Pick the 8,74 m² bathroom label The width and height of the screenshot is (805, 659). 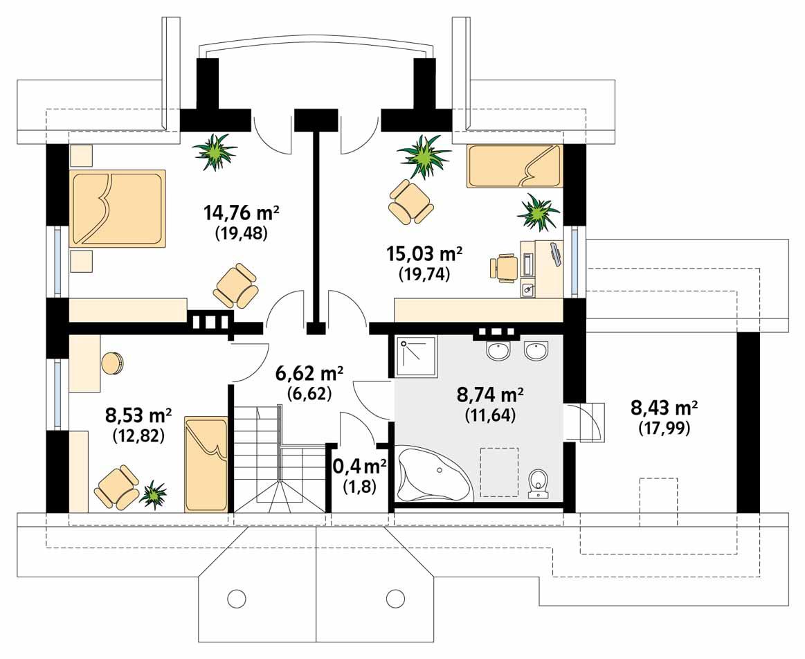[x=489, y=395]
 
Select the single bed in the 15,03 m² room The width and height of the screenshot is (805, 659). [x=515, y=166]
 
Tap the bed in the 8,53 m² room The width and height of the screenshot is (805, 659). [x=206, y=464]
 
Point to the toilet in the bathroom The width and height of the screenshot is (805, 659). [x=538, y=483]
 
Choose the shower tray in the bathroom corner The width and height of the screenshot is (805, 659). [x=417, y=356]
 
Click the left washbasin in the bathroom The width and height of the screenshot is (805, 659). [x=499, y=352]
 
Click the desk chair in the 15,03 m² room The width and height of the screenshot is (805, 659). [x=504, y=267]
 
